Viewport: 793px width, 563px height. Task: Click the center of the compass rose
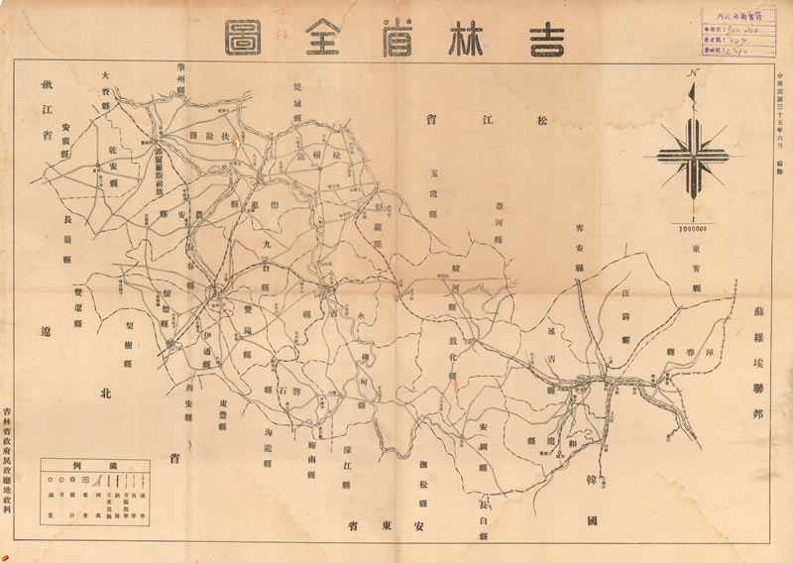coord(694,157)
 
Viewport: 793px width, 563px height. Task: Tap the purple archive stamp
coord(739,30)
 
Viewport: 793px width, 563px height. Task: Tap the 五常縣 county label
coord(433,184)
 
